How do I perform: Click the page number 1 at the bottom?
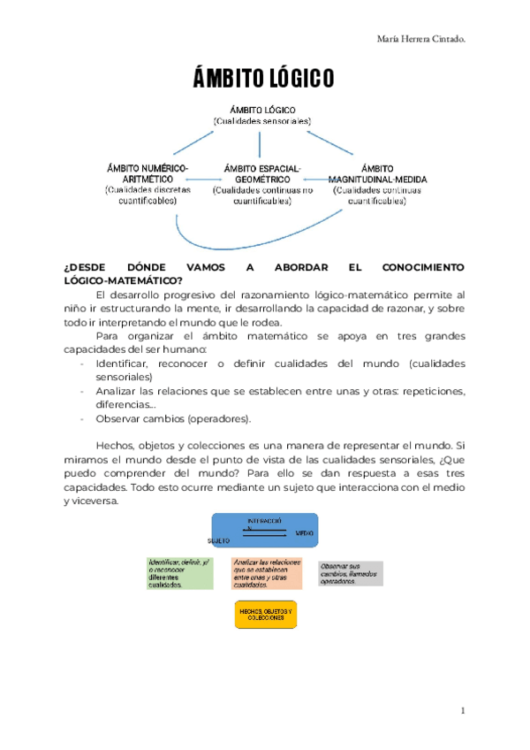pos(463,710)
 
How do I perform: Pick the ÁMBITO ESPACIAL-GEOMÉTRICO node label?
pos(262,173)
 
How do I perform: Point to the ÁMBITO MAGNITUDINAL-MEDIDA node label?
pos(377,173)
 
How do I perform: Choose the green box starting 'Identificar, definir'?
pos(180,573)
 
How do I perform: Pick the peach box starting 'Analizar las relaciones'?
pos(266,573)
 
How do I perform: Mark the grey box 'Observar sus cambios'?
pos(351,573)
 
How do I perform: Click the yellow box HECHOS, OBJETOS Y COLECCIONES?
pos(265,614)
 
